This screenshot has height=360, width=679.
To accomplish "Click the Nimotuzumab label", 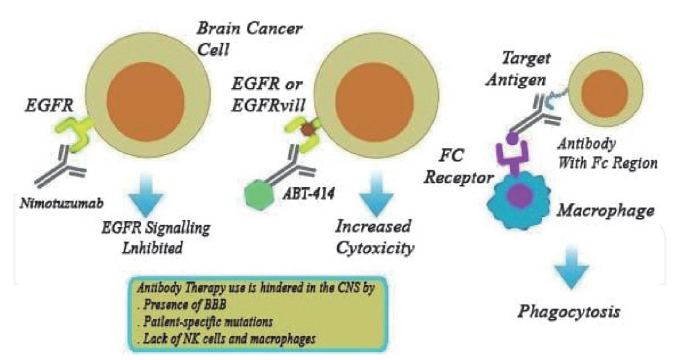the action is click(x=62, y=202).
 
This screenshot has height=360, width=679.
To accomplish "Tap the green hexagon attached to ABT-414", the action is click(x=260, y=194).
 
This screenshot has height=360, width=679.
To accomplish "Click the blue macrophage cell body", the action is click(x=519, y=197).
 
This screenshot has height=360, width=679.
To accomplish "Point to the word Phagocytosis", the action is click(x=569, y=312).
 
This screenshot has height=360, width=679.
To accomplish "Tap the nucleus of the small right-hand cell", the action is click(x=605, y=93).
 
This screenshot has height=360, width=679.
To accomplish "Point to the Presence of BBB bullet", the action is click(x=181, y=304).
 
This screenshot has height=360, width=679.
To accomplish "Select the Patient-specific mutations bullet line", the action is click(x=204, y=322).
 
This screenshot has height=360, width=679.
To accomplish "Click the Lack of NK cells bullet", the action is click(x=226, y=339).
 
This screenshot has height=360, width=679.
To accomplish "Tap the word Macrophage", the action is click(x=605, y=210).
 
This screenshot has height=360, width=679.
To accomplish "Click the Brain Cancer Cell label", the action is click(x=250, y=38).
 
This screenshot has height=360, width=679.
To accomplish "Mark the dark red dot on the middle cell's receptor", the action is click(x=307, y=129).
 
